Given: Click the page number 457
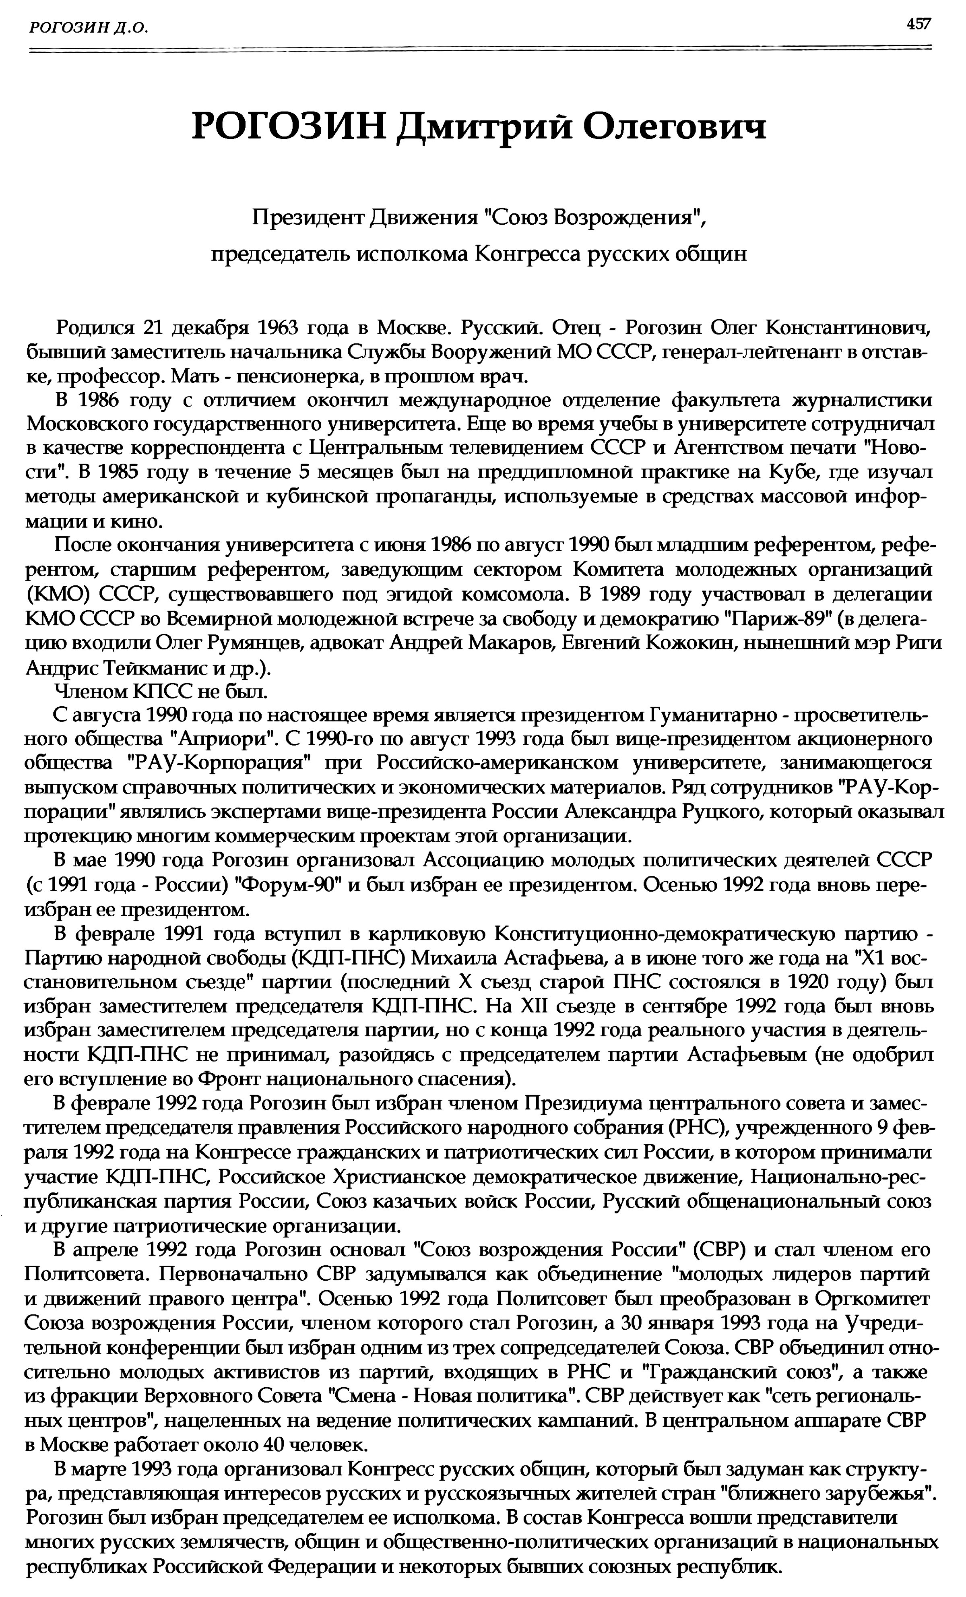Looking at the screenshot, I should [918, 24].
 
